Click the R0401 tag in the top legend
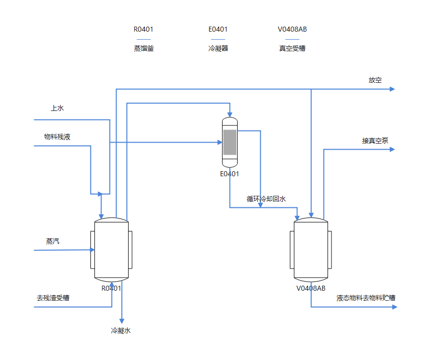[143, 29]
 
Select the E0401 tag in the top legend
[218, 29]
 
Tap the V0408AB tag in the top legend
[292, 29]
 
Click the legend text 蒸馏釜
[144, 49]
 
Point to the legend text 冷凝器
[218, 49]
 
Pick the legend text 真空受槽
[292, 49]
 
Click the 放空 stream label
[375, 80]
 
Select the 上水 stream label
[57, 108]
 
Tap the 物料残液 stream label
[57, 137]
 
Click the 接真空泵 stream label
[375, 141]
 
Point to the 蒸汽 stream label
[53, 241]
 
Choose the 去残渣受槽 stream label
[53, 298]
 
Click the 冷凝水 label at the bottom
[121, 330]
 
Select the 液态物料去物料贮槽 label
[366, 298]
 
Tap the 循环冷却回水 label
[266, 199]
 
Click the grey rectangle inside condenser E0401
[230, 143]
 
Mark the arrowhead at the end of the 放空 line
[392, 89]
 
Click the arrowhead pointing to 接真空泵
[392, 149]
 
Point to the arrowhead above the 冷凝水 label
[122, 321]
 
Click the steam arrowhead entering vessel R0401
[92, 250]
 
